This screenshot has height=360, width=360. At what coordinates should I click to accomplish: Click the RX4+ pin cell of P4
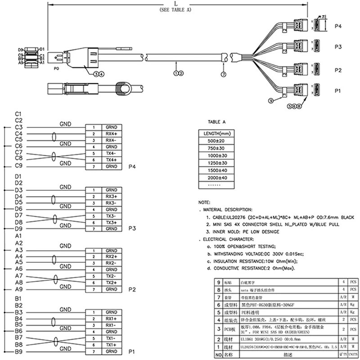111,134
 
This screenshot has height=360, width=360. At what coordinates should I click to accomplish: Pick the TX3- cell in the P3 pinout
111,216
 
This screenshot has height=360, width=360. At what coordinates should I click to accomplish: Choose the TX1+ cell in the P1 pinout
111,344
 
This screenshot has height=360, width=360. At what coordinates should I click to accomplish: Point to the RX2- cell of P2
111,263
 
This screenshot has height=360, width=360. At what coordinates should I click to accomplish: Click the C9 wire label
18,166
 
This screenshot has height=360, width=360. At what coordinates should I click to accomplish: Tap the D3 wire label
18,190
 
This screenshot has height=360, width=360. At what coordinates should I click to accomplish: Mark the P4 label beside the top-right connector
338,27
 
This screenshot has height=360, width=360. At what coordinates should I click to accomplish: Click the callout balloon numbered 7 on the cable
224,73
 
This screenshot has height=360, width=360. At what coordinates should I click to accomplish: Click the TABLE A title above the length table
216,122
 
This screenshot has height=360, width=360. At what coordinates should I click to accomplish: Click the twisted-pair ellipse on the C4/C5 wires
55,137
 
